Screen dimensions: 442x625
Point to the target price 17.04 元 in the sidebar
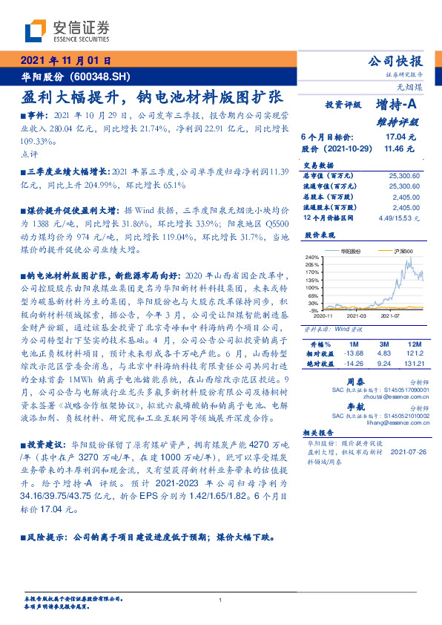(401, 137)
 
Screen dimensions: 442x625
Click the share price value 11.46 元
(401, 148)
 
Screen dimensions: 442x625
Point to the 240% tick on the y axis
(311, 257)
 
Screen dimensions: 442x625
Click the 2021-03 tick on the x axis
(355, 315)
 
